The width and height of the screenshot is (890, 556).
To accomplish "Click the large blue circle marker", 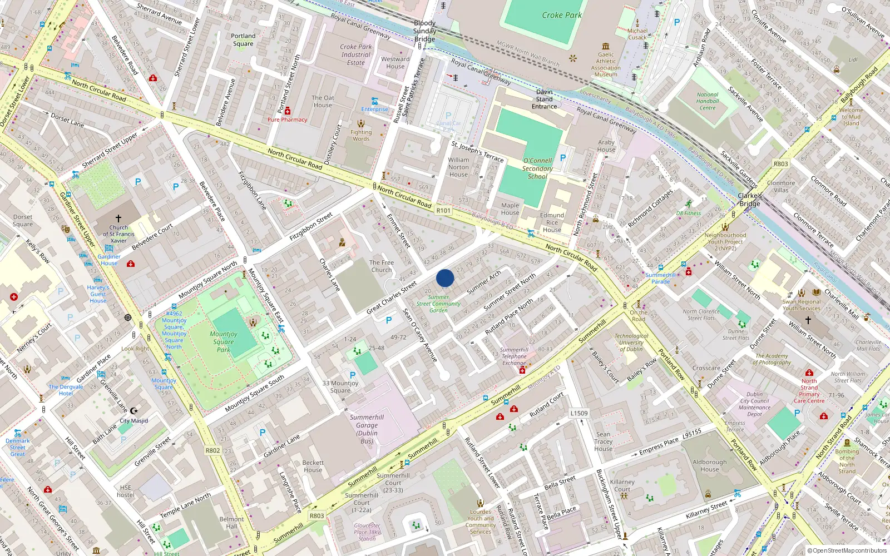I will click(x=445, y=278).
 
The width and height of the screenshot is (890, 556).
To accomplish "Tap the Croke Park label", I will click(x=561, y=15).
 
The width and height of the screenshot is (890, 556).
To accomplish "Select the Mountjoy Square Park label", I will click(x=224, y=342).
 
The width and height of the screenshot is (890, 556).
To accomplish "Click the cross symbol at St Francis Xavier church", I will click(x=118, y=219).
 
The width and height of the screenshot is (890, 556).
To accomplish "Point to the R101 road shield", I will click(x=443, y=210).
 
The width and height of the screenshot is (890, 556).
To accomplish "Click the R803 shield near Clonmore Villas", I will click(x=780, y=164).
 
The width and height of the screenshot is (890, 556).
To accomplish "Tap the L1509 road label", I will click(x=578, y=413).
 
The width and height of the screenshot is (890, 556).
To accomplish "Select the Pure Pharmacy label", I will click(x=287, y=120).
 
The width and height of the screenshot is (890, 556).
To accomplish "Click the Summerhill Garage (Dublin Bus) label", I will click(x=367, y=429).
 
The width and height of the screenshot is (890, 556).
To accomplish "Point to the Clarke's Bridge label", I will click(x=750, y=200).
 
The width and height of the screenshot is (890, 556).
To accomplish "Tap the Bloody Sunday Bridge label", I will click(x=424, y=31).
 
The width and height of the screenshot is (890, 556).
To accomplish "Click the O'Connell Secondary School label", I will click(x=537, y=168).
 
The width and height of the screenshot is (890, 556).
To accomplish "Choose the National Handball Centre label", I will click(x=707, y=101).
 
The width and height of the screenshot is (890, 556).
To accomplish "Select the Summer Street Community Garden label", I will click(x=438, y=304).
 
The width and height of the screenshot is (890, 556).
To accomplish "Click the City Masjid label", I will click(x=133, y=421).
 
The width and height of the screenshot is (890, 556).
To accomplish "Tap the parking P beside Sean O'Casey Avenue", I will click(x=389, y=320).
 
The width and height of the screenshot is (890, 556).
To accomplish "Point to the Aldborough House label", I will click(x=709, y=465).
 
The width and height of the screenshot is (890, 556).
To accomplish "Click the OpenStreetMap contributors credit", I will click(x=847, y=551).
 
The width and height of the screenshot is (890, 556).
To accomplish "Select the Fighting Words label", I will click(x=360, y=135).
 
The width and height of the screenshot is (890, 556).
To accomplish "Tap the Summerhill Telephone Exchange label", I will click(x=514, y=356).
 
